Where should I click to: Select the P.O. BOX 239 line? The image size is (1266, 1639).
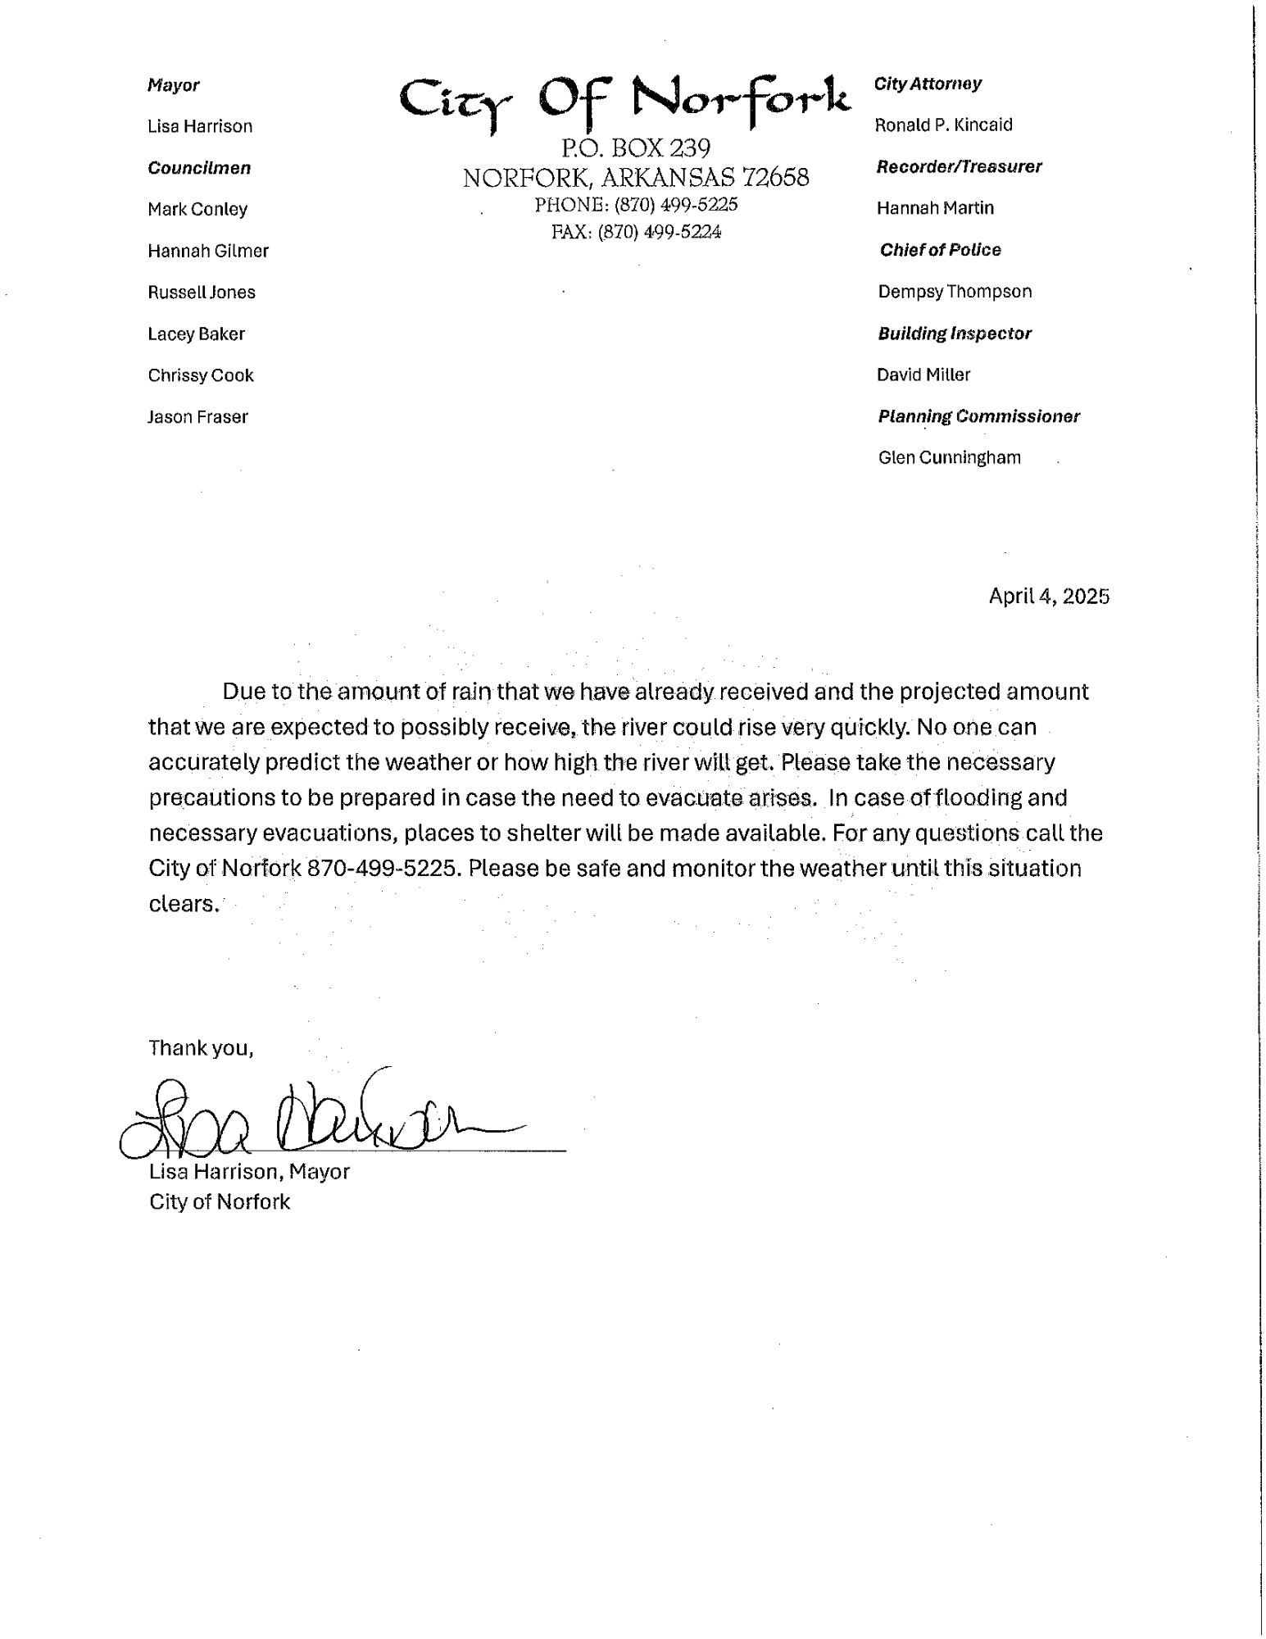[636, 148]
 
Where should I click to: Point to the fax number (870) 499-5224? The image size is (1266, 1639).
[659, 233]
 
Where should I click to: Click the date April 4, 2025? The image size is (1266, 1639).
[1049, 596]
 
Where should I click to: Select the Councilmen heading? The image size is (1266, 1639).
[199, 168]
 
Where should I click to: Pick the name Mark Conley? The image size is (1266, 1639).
[197, 209]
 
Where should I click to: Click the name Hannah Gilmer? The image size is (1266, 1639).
[208, 251]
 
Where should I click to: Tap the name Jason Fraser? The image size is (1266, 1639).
[197, 417]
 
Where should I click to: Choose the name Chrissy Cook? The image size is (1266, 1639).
[201, 375]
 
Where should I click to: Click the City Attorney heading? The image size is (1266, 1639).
[928, 84]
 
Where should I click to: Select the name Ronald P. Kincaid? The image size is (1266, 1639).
[944, 125]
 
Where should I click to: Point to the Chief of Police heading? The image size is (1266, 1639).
[940, 250]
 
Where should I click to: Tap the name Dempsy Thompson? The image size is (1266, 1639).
[955, 292]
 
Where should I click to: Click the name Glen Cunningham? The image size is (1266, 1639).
[949, 457]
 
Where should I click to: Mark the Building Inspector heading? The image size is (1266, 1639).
[954, 334]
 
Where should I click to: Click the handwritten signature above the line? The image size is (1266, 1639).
[320, 1115]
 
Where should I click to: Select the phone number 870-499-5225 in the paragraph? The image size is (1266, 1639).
[381, 868]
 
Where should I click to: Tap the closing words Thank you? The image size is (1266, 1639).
[201, 1047]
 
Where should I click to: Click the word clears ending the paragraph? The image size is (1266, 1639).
[184, 903]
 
